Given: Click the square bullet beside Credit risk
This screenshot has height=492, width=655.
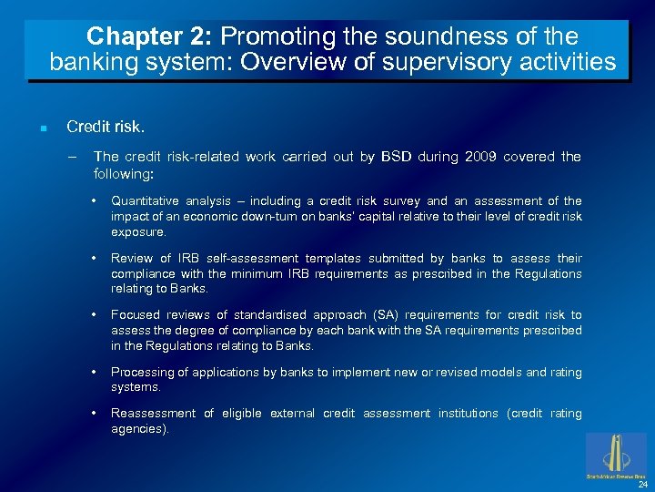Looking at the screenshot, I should (x=43, y=128).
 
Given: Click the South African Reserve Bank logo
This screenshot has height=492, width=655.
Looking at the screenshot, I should (x=616, y=455).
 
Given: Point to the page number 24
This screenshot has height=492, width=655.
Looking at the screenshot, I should (x=642, y=484).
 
